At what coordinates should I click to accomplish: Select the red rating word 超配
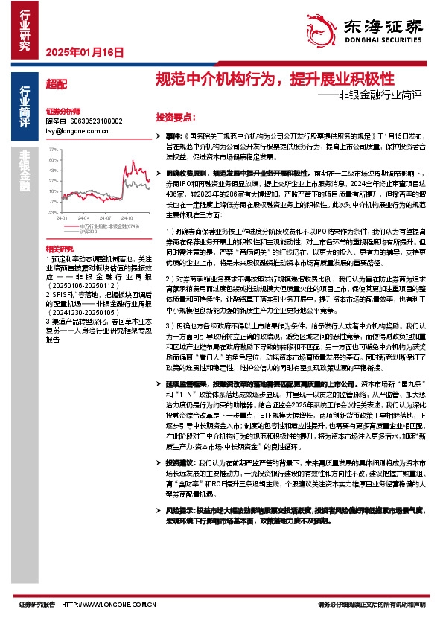click(x=56, y=84)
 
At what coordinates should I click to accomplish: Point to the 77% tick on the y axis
click(x=54, y=149)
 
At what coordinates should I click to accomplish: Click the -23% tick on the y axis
click(x=54, y=212)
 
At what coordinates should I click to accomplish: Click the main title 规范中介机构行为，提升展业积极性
click(x=274, y=80)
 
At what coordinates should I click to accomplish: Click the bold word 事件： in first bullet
click(x=173, y=137)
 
